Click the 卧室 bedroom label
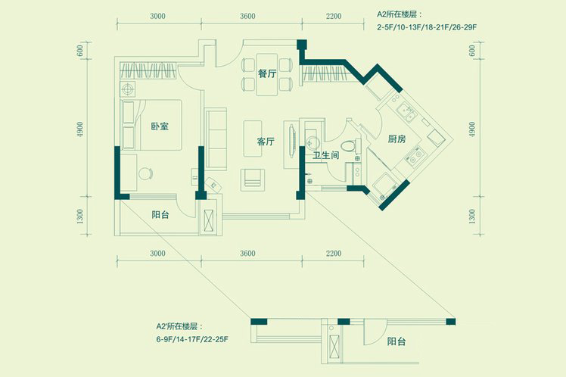coord(160,126)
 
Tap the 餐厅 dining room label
coord(267,73)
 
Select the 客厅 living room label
coord(266,142)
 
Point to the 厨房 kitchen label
coord(397,139)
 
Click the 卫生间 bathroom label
coord(326,156)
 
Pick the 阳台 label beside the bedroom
coord(160,215)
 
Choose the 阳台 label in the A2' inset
coord(397,341)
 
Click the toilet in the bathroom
coord(350,146)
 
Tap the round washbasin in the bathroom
coord(311,142)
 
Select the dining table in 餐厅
coord(267,74)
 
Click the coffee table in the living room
coord(253,139)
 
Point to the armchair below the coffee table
coord(252,179)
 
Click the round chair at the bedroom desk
coord(145,173)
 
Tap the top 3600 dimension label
coord(247,16)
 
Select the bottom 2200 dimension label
coord(333,254)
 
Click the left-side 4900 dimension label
coord(80,129)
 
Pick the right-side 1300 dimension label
coord(471,217)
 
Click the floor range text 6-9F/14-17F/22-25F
coord(192,339)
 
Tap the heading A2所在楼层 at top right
coord(400,14)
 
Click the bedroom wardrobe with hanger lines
coord(148,70)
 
